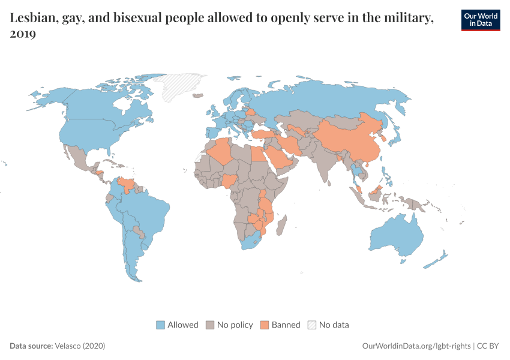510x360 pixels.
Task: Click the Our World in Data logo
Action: [481, 20]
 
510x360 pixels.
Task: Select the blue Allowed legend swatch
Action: [160, 325]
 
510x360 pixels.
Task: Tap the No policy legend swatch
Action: [210, 325]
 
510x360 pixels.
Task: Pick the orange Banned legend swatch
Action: [265, 325]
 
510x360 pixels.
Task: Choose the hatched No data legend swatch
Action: [312, 325]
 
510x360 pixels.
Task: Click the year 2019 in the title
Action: [23, 34]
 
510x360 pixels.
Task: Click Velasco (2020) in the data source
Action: [80, 346]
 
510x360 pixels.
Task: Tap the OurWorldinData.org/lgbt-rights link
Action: [417, 346]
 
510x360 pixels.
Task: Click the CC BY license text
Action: [489, 346]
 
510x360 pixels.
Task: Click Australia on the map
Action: [396, 237]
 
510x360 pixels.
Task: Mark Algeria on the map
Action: [220, 151]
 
